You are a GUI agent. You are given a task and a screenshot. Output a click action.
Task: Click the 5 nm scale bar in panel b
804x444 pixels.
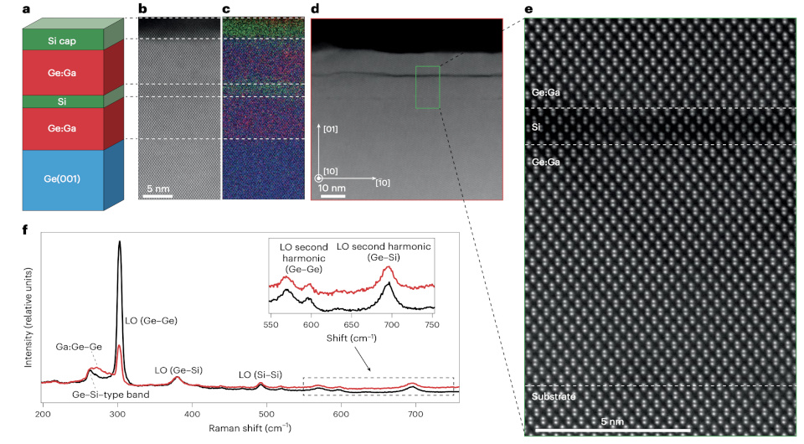pyautogui.click(x=157, y=193)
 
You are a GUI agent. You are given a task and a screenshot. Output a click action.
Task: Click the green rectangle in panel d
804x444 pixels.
pyautogui.click(x=428, y=87)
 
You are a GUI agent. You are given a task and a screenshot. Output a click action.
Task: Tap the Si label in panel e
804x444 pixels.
pyautogui.click(x=537, y=127)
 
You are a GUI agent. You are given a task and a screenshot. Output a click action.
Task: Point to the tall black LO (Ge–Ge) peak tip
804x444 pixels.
pyautogui.click(x=119, y=242)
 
